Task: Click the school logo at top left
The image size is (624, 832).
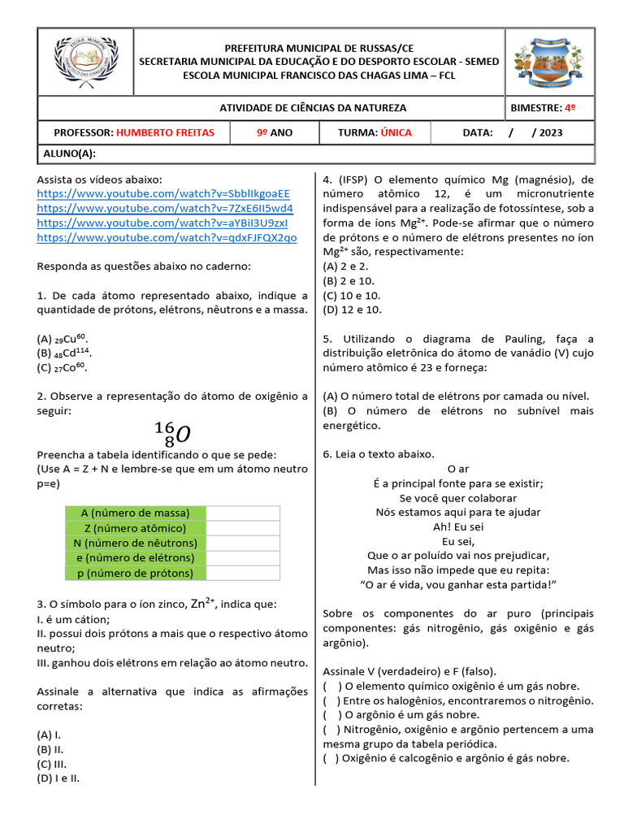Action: pos(86,63)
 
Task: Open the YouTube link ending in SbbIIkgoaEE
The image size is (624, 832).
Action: pos(163,193)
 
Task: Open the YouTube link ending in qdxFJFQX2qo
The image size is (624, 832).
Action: pos(167,237)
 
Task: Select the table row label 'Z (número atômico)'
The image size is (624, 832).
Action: pos(136,528)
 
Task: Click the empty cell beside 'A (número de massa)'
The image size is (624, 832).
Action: pos(243,513)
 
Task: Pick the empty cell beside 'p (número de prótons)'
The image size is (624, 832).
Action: pos(243,573)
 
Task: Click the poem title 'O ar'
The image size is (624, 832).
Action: pos(458,469)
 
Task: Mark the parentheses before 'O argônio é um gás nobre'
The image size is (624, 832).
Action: pos(332,715)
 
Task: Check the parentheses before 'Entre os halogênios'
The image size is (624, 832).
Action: pos(332,700)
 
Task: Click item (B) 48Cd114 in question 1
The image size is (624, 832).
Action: pos(64,353)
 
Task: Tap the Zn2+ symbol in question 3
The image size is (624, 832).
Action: pos(202,603)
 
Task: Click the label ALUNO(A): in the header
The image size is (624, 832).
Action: pos(67,154)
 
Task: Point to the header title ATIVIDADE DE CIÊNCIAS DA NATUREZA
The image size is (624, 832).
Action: pos(313,108)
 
